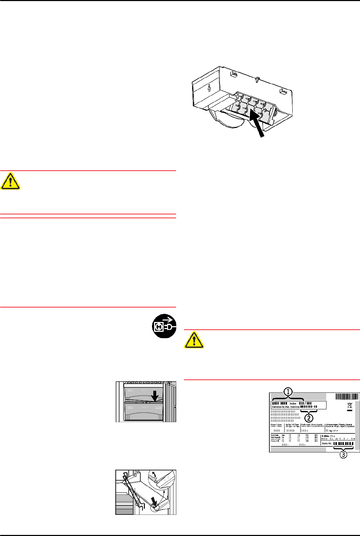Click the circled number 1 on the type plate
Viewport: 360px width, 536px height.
(x=288, y=391)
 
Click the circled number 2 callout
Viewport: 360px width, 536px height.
(x=309, y=418)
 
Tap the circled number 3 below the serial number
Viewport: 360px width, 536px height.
(x=343, y=455)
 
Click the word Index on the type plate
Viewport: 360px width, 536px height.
(x=293, y=403)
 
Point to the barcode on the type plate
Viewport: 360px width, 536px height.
(x=347, y=396)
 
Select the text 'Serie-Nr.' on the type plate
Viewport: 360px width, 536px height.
(x=327, y=443)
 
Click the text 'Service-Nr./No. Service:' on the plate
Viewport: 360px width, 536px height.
(x=286, y=407)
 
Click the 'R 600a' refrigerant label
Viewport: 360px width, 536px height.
(x=325, y=436)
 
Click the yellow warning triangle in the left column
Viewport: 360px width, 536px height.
(x=11, y=181)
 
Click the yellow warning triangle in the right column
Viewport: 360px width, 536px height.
(x=194, y=340)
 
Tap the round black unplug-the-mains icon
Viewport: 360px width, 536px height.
(x=164, y=327)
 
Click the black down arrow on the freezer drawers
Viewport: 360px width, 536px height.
(x=154, y=396)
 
